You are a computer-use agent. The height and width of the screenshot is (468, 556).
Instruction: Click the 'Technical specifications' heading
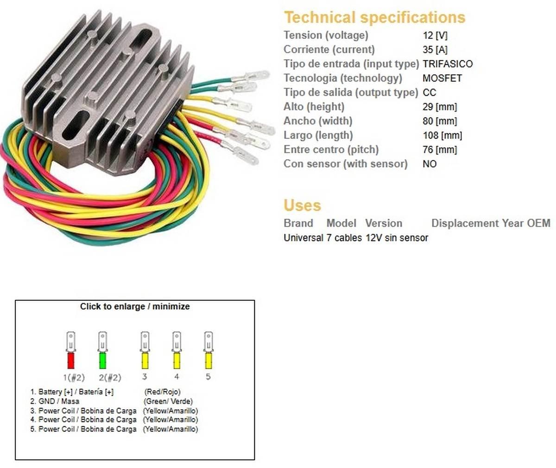pos(374,18)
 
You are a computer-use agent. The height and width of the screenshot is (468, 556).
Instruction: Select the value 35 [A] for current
pos(435,50)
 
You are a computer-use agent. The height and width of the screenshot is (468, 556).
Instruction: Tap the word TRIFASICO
pos(448,64)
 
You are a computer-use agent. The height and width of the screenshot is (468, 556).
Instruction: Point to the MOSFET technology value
pos(442,78)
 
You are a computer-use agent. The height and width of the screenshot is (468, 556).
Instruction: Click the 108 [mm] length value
pos(442,136)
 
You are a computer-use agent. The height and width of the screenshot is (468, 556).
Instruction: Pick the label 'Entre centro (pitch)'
pos(331,150)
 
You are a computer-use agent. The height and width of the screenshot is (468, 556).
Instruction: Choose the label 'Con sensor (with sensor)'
pos(345,164)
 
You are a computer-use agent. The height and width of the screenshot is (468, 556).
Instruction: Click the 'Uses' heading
pos(302,206)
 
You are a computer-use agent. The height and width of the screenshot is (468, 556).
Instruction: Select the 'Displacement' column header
pos(465,223)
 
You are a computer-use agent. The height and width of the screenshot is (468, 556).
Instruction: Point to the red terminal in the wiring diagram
pos(70,350)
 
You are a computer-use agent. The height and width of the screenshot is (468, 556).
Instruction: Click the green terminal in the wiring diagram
pos(102,350)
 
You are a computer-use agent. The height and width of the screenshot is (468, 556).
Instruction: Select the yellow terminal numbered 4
pos(177,350)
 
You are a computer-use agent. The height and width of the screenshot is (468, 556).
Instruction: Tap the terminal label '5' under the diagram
pos(208,377)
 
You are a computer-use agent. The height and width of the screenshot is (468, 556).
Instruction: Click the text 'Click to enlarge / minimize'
pos(135,306)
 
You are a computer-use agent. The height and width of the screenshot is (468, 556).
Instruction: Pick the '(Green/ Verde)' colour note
pos(168,401)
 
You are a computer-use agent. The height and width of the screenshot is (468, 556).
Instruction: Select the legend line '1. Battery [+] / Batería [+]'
pos(72,392)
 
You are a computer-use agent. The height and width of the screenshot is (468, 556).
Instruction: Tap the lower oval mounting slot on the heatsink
pos(76,125)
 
